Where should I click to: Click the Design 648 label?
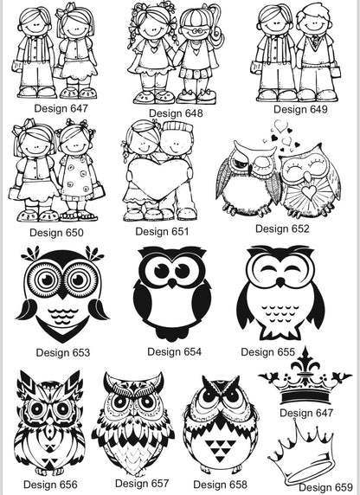pos(176,113)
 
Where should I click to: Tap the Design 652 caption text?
pos(282,228)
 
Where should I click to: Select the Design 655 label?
pos(267,351)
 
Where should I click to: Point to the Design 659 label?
pos(325,487)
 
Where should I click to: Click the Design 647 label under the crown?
pos(306,413)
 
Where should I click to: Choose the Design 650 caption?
pos(56,233)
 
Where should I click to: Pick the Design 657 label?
pos(142,484)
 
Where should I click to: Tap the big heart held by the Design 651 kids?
pos(158,177)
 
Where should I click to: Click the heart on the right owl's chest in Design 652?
pos(308,191)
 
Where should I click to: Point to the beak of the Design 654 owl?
pos(171,282)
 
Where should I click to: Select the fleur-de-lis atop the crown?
pos(305,363)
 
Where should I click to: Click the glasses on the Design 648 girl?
pos(197,31)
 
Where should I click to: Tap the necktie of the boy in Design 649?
pos(315,41)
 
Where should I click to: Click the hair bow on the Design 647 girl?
pos(65,10)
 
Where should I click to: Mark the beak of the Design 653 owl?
pos(62,295)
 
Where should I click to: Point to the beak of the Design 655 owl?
pos(280,282)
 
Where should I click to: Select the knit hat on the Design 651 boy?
pos(177,130)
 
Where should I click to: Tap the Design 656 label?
pos(50,485)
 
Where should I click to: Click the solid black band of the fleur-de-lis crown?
pos(305,397)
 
